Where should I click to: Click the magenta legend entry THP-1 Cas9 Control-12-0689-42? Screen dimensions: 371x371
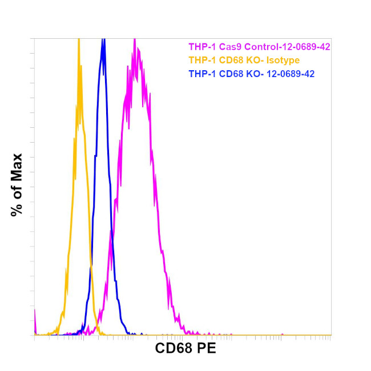tap(259, 47)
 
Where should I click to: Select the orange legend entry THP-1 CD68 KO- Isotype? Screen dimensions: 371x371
tap(244, 60)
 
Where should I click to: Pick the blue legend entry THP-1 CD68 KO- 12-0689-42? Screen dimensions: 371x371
tap(251, 74)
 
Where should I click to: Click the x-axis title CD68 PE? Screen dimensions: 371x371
tap(185, 348)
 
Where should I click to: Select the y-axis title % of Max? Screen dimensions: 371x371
tap(17, 184)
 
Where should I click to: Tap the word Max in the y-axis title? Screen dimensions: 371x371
tap(17, 166)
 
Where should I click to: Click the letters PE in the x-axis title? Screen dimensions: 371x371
tap(206, 348)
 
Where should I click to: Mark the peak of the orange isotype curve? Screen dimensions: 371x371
tap(78, 40)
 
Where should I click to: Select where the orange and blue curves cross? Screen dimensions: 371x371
tap(91, 264)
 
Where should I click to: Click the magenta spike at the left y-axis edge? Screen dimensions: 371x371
tap(35, 314)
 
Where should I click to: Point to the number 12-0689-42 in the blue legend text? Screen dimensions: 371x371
tap(290, 74)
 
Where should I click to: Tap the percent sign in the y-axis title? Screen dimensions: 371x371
tap(17, 209)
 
